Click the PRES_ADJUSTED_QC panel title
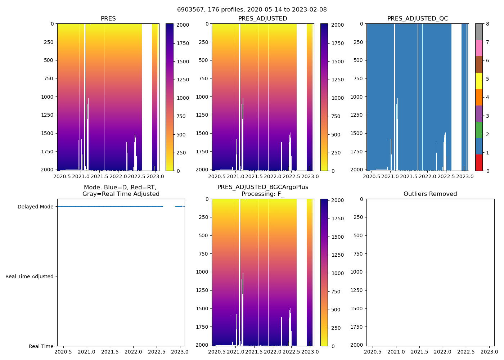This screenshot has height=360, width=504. pyautogui.click(x=418, y=19)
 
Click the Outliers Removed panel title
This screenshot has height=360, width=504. pyautogui.click(x=430, y=194)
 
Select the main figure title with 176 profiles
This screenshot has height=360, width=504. pyautogui.click(x=252, y=10)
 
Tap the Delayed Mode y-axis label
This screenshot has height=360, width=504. pyautogui.click(x=35, y=207)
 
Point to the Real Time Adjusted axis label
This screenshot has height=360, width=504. pyautogui.click(x=30, y=276)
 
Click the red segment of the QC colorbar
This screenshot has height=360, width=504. pyautogui.click(x=479, y=163)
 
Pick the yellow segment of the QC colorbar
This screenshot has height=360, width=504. pyautogui.click(x=479, y=81)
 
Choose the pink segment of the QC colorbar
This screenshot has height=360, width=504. pyautogui.click(x=479, y=48)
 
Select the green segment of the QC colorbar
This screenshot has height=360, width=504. pyautogui.click(x=479, y=130)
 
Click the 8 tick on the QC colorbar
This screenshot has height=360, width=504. pyautogui.click(x=487, y=24)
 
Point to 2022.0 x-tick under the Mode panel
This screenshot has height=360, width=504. pyautogui.click(x=133, y=352)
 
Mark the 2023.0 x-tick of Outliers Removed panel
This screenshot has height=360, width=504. pyautogui.click(x=490, y=352)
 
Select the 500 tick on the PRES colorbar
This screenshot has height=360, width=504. pyautogui.click(x=181, y=135)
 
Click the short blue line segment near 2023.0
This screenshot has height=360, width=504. pyautogui.click(x=179, y=207)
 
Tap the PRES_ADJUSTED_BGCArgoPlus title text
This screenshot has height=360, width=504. pyautogui.click(x=263, y=187)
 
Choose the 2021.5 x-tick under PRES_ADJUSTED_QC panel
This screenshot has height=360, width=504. pyautogui.click(x=409, y=176)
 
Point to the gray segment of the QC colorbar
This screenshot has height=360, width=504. pyautogui.click(x=479, y=32)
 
